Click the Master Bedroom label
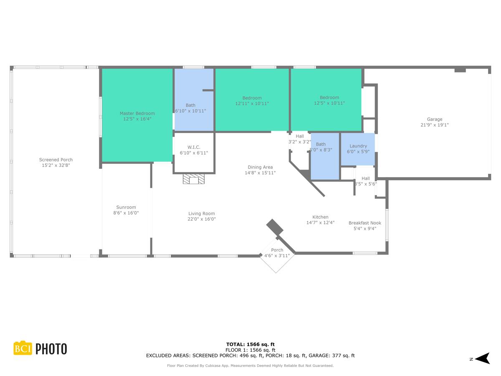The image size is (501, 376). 137,114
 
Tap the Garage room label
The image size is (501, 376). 435,119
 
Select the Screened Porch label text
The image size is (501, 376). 56,160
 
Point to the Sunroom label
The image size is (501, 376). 126,207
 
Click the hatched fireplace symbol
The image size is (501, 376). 194,179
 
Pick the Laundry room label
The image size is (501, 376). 358,146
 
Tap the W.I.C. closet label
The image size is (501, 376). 194,147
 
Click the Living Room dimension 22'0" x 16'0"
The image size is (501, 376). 202,219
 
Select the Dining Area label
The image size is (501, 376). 260,168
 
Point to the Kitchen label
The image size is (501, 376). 321,217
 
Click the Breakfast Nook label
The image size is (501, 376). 365,223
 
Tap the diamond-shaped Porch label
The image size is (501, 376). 277,250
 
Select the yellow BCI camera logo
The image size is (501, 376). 23,348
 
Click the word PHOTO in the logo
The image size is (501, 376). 51,349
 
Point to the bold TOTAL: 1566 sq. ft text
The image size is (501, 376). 250,344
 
